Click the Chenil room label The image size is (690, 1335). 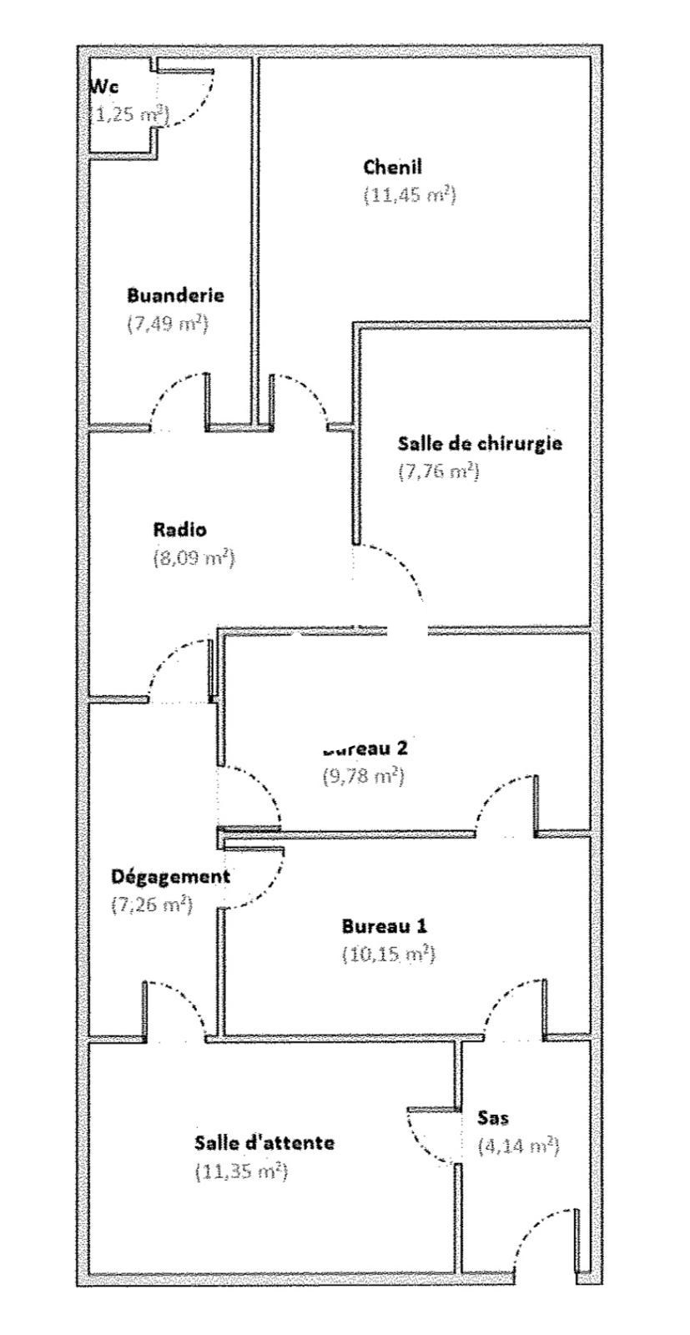point(392,167)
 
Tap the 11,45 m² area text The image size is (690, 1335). point(410,195)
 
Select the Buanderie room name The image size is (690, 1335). point(175,295)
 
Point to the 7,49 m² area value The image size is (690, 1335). point(167,324)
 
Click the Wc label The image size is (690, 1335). point(103,86)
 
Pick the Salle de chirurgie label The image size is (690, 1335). point(480,442)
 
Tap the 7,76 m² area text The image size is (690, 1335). point(439,471)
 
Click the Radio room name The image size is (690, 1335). point(180,529)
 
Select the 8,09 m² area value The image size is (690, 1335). point(194,557)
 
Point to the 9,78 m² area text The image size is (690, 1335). point(364,776)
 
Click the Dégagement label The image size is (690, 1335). point(170,876)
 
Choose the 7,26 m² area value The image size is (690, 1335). point(153,904)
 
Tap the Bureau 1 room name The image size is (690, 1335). point(385,925)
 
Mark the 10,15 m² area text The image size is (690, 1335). point(389,954)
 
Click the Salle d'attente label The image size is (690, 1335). point(264,1142)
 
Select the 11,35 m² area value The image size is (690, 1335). point(241,1171)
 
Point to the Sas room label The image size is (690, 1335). point(493,1117)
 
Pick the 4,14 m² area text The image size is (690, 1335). point(518,1146)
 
